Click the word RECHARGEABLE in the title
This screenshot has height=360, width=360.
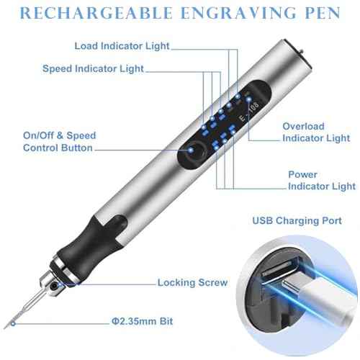pyautogui.click(x=96, y=13)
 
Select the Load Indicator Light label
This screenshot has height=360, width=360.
pyautogui.click(x=122, y=46)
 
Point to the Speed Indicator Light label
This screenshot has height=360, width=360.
pyautogui.click(x=93, y=69)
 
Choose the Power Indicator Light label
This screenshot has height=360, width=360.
pyautogui.click(x=322, y=181)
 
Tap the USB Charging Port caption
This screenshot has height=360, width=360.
pyautogui.click(x=297, y=221)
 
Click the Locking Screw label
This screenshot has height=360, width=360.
pyautogui.click(x=192, y=282)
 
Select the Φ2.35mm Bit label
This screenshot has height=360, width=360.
pyautogui.click(x=142, y=321)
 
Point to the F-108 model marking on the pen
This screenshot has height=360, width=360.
pyautogui.click(x=250, y=111)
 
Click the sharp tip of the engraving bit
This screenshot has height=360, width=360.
pyautogui.click(x=5, y=328)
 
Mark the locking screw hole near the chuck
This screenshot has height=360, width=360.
pyautogui.click(x=55, y=286)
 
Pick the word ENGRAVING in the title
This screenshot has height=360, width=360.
pyautogui.click(x=238, y=13)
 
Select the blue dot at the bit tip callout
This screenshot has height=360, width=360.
pyautogui.click(x=13, y=324)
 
